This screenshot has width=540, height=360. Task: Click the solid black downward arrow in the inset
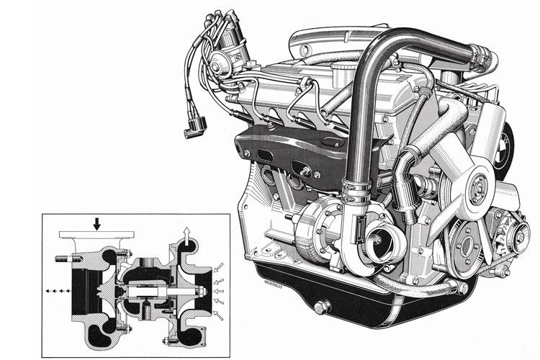pos(98,224)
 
